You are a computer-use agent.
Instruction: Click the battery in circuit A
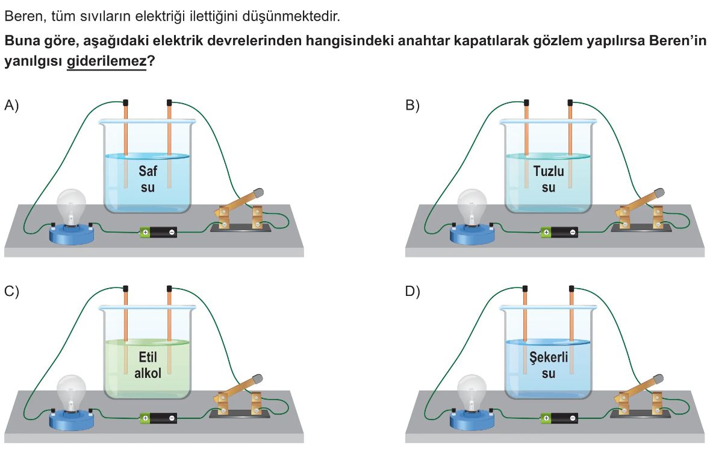pos(158,231)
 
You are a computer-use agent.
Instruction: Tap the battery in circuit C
pos(158,417)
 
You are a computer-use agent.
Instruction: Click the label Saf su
pos(148,178)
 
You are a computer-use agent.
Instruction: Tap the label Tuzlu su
pos(549,178)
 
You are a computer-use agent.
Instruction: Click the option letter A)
pos(12,105)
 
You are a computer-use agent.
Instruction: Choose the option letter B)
pos(413,105)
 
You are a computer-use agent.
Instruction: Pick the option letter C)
pos(12,292)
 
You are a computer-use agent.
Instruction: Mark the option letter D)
pos(413,292)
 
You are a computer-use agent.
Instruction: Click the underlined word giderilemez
pos(106,61)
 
